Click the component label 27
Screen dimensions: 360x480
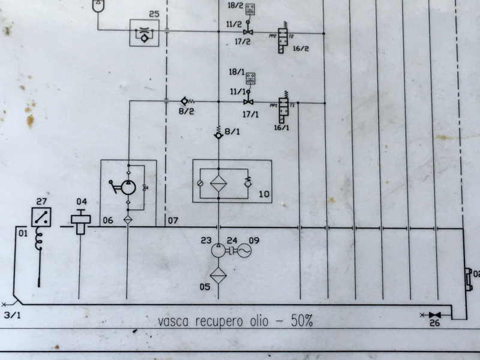[41, 202]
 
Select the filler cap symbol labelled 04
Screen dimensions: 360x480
[80, 221]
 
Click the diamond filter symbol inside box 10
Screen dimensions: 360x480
[219, 181]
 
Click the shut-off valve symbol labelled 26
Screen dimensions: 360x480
[436, 315]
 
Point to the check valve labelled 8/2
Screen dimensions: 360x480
[185, 101]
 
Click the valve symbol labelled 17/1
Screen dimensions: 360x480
[247, 101]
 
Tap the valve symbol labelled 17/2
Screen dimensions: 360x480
[247, 32]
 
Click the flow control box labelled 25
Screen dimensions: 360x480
[144, 32]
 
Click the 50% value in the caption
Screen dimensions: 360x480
[302, 321]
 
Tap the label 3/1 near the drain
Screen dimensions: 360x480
[11, 314]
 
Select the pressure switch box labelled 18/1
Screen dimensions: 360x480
[251, 78]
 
